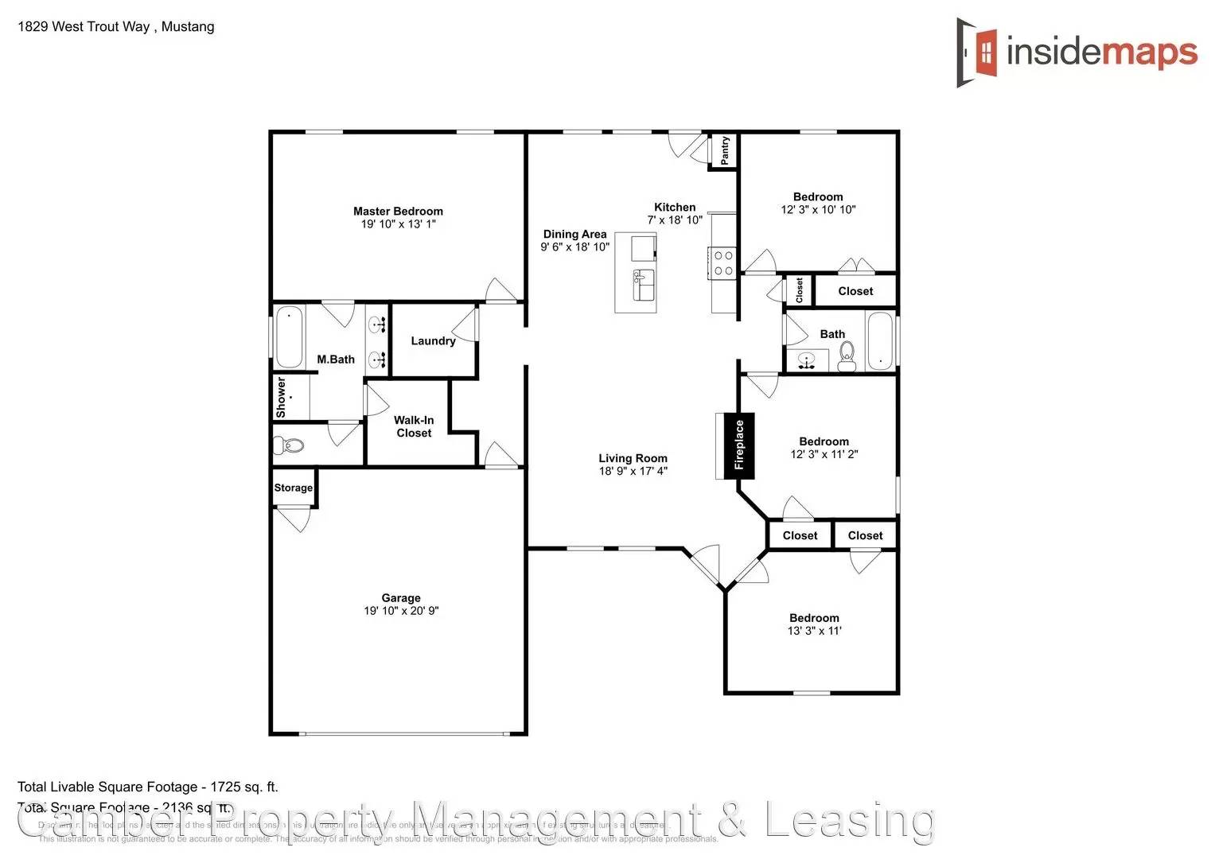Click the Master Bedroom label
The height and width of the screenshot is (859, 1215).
pyautogui.click(x=398, y=211)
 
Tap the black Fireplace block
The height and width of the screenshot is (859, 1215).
pyautogui.click(x=739, y=445)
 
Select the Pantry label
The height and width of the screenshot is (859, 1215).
pyautogui.click(x=725, y=151)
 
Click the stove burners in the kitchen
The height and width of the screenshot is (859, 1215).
pyautogui.click(x=723, y=263)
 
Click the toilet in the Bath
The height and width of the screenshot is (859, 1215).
pyautogui.click(x=847, y=356)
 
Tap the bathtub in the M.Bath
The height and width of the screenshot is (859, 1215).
pyautogui.click(x=289, y=336)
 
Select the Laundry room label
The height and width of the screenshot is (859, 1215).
pyautogui.click(x=433, y=340)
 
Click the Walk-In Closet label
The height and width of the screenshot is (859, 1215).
pyautogui.click(x=414, y=426)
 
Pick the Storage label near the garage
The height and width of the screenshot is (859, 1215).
pyautogui.click(x=294, y=488)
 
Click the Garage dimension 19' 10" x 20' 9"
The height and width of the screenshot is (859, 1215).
pyautogui.click(x=401, y=611)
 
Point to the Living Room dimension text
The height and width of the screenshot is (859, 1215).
pyautogui.click(x=633, y=471)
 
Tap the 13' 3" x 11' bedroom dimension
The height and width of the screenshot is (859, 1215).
pyautogui.click(x=814, y=631)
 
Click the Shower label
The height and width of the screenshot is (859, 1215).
pyautogui.click(x=281, y=398)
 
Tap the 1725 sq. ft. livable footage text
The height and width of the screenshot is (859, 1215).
pyautogui.click(x=243, y=787)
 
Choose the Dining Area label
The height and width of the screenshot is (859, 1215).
pyautogui.click(x=574, y=234)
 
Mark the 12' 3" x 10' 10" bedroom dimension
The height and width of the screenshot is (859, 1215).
pyautogui.click(x=818, y=210)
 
